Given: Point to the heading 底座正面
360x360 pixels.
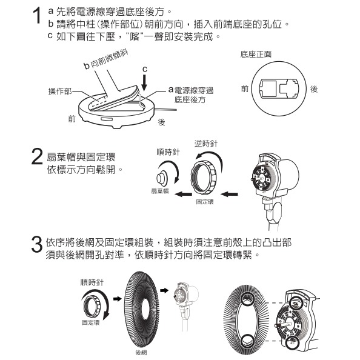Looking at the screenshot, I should click(256, 55).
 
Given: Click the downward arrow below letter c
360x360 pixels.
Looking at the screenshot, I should click(144, 85).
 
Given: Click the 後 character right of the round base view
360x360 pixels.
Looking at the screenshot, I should click(313, 89).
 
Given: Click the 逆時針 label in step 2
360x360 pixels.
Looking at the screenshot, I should click(205, 144).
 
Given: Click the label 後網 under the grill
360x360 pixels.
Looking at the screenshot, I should click(141, 352).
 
